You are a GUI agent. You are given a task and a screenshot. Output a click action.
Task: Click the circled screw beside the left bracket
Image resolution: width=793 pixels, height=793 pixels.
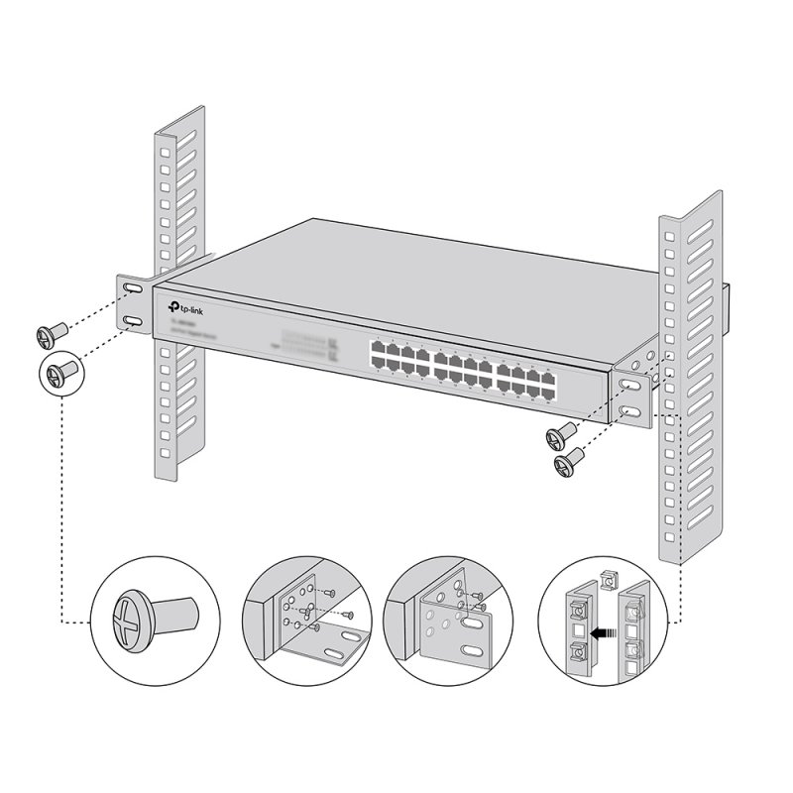(60, 374)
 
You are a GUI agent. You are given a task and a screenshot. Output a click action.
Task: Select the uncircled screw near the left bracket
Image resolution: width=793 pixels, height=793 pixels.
(50, 331)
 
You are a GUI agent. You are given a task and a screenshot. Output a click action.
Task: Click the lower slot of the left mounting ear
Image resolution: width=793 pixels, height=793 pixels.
(133, 320)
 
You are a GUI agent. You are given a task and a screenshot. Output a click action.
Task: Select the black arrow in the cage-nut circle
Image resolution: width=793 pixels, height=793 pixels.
(598, 627)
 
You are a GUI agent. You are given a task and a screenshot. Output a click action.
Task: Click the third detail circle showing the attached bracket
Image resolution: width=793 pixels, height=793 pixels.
(441, 621)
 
